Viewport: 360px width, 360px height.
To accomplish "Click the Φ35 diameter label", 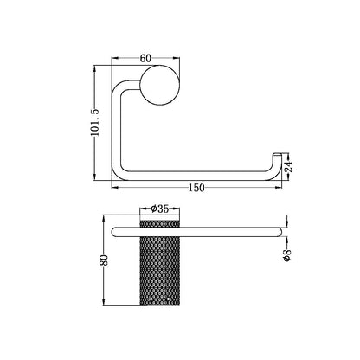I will [160, 209].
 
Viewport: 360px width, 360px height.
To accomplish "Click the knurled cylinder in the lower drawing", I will [160, 268].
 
